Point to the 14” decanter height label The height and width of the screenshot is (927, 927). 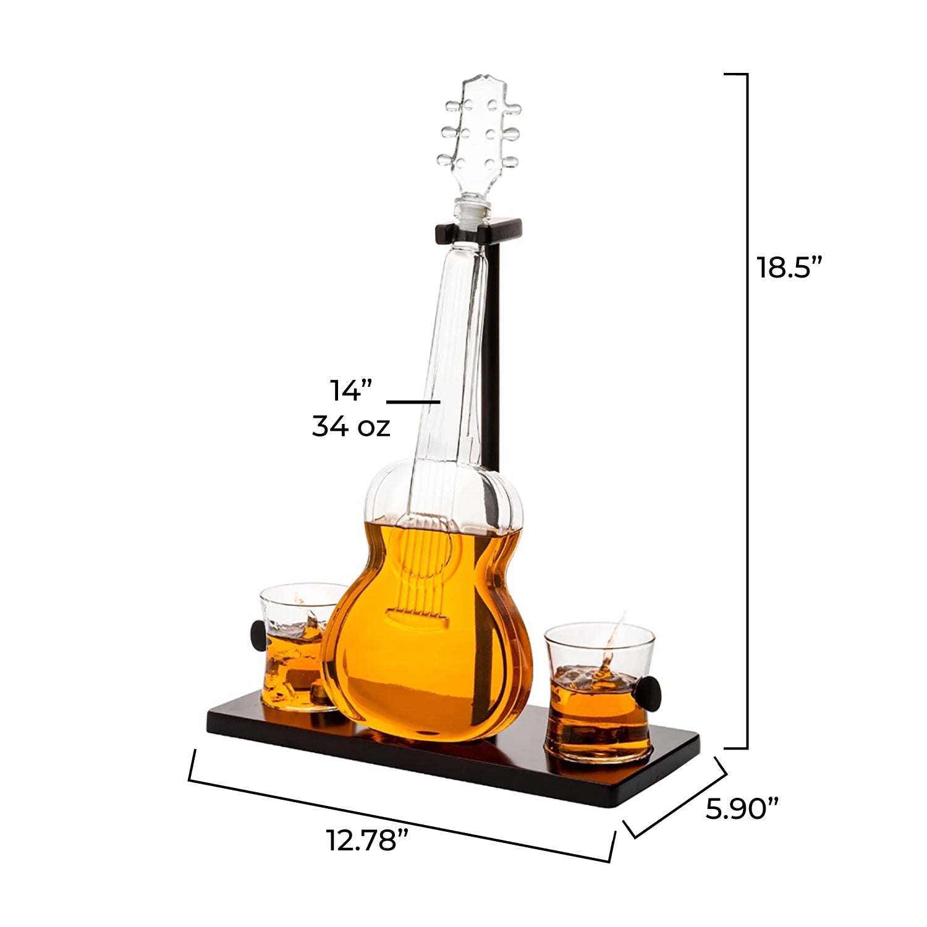click(352, 391)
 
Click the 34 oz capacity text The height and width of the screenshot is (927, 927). click(351, 426)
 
